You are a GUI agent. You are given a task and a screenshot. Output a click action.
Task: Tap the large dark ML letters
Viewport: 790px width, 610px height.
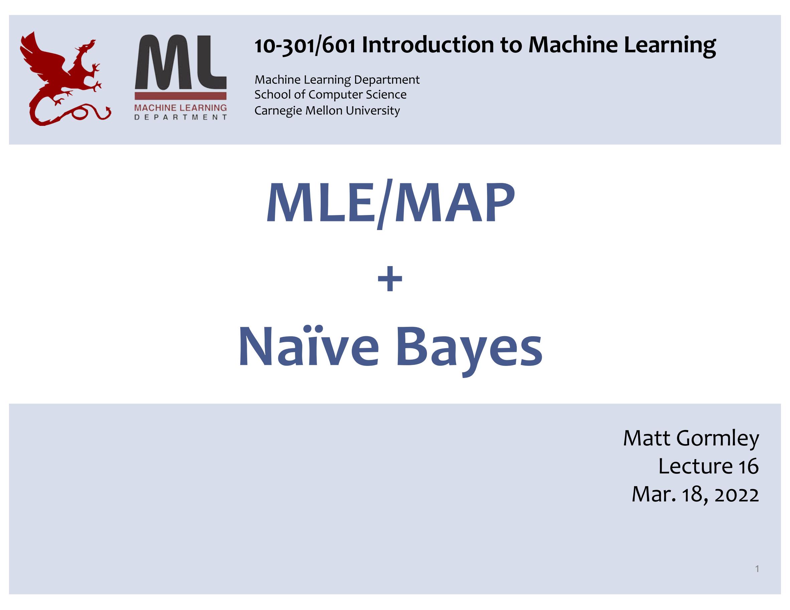[180, 62]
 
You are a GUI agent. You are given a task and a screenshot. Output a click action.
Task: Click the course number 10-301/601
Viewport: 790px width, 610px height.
[305, 46]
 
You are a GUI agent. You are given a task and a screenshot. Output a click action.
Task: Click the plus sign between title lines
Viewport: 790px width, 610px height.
[390, 279]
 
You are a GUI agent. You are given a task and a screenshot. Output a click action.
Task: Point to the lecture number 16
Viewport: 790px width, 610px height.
[748, 466]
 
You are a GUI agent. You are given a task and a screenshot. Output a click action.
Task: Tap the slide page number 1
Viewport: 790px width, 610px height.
[757, 569]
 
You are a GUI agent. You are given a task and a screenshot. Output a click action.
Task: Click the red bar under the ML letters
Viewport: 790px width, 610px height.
[180, 96]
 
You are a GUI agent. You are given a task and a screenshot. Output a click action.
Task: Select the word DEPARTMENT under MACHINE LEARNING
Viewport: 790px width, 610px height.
[180, 117]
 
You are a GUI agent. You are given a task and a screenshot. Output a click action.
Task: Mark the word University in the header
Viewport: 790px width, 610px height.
[372, 111]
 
